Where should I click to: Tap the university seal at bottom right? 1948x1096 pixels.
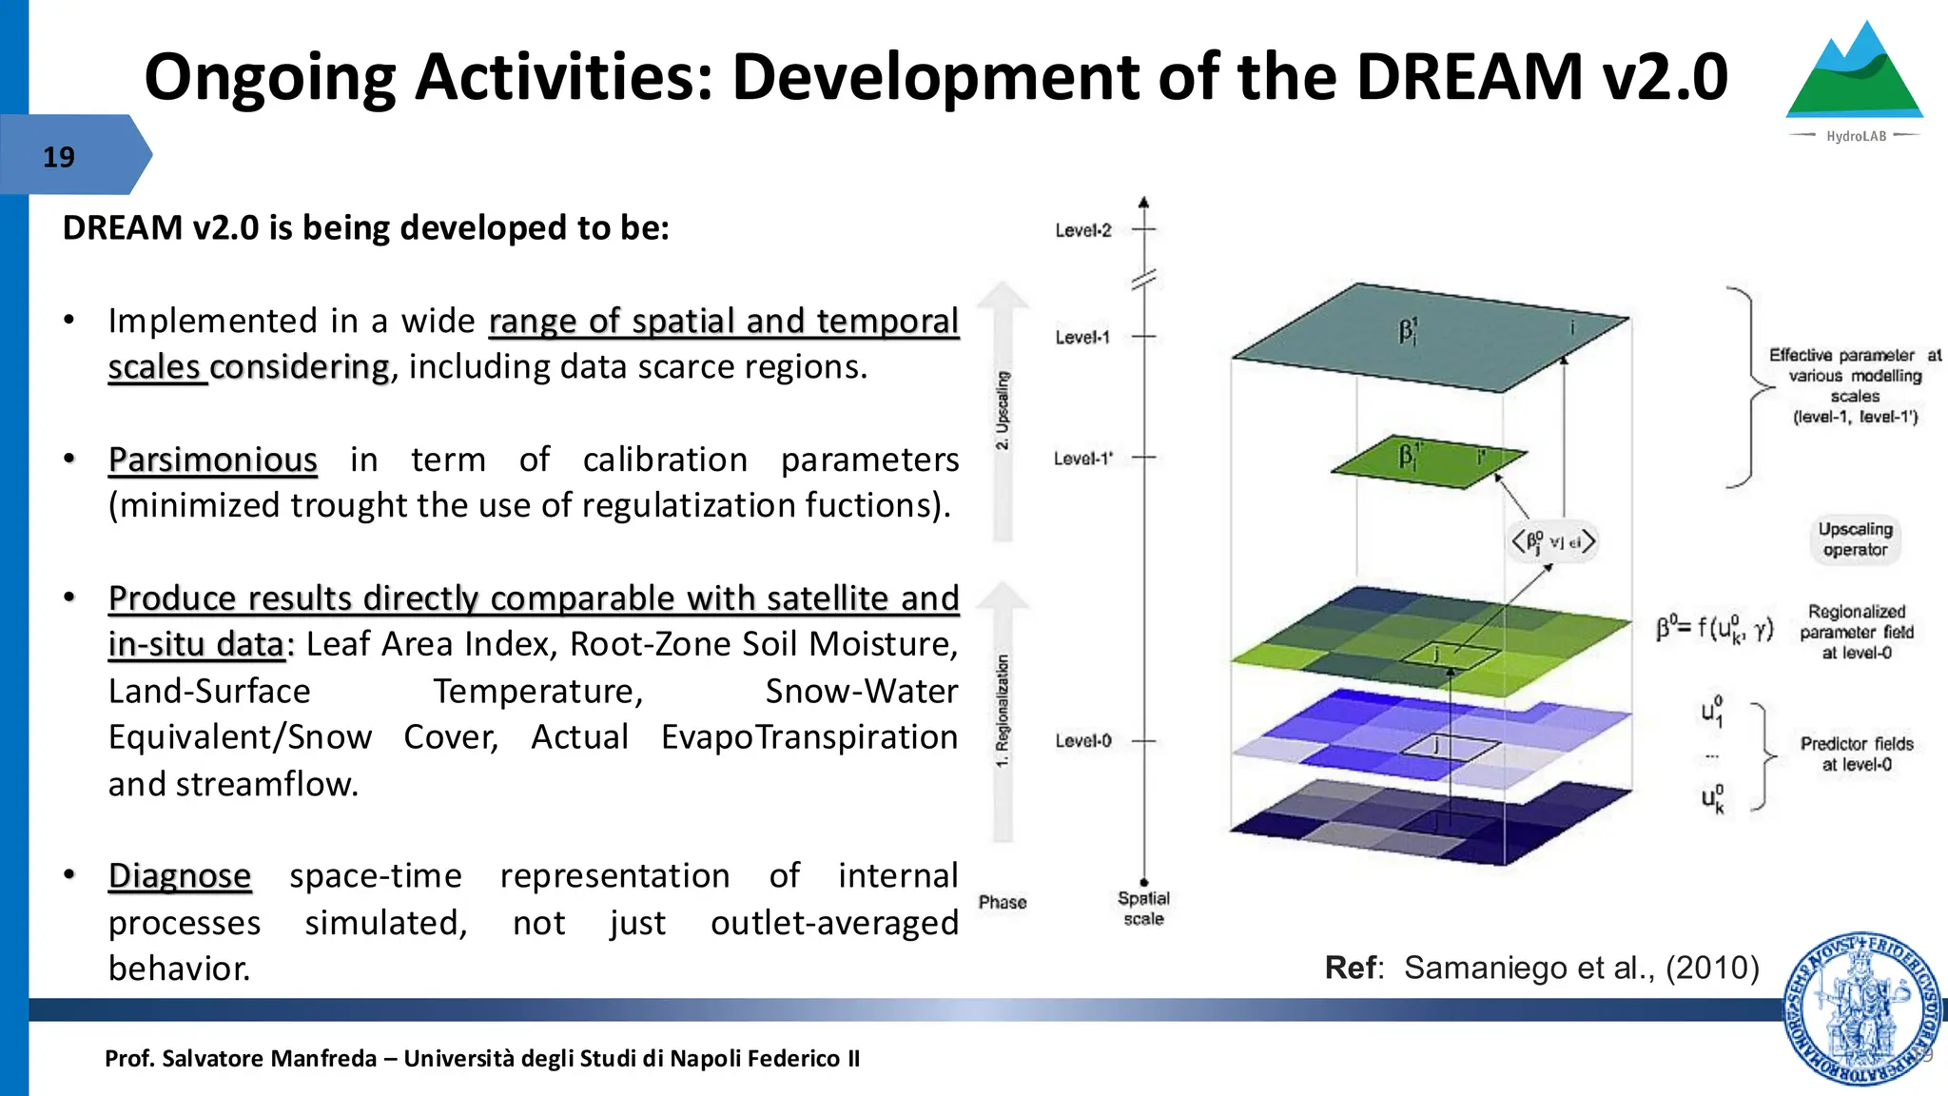1860,1008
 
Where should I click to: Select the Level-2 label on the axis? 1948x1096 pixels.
1082,230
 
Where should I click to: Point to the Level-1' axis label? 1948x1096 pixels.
1082,459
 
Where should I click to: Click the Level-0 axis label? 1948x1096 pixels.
1082,740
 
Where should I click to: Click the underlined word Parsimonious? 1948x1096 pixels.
212,460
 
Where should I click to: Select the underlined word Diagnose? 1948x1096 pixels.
180,875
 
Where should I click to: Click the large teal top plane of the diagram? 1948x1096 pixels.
1427,338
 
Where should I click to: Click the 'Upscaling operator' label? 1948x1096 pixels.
1855,539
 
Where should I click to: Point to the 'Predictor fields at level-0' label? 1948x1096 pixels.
1856,753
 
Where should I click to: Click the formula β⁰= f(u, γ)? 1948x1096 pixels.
1714,628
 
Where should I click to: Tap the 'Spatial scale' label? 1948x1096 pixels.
1143,908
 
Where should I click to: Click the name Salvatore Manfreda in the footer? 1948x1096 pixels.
269,1058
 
